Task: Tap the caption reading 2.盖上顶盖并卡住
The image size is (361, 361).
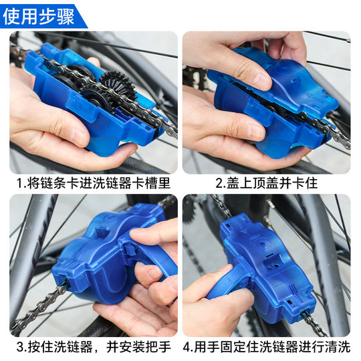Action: (x=266, y=182)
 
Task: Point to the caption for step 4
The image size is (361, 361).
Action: (x=266, y=346)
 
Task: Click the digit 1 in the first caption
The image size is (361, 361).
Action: (x=20, y=182)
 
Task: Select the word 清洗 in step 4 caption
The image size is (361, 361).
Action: (x=337, y=346)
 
